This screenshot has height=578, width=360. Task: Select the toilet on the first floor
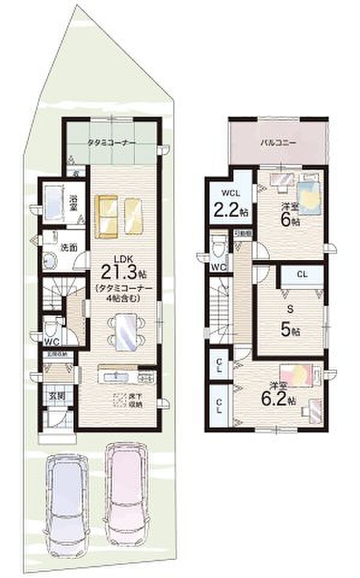click(x=52, y=329)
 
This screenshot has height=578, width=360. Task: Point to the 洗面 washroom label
click(x=67, y=247)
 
